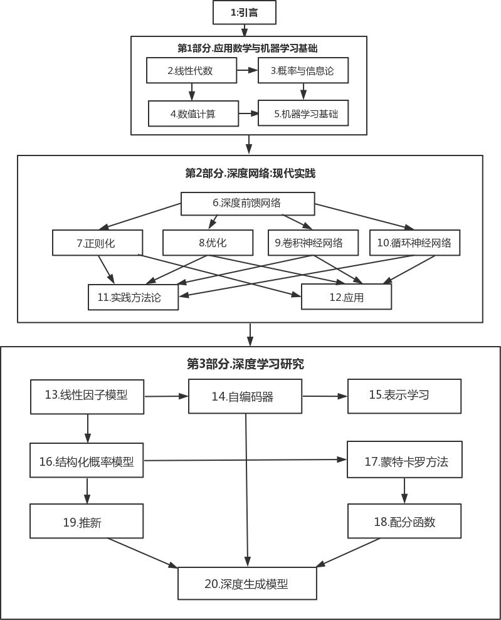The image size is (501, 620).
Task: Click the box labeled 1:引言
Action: point(245,13)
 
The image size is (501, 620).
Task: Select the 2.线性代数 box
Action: point(191,70)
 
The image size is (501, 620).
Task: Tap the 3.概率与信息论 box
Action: point(303,70)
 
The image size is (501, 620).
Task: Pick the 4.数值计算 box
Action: point(193,113)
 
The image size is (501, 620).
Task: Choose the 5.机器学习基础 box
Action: point(303,113)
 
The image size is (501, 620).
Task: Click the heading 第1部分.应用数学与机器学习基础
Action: point(248,48)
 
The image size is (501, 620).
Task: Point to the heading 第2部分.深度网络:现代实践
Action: point(250,173)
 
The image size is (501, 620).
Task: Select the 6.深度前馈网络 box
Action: point(248,204)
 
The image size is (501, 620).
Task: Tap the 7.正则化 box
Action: point(97,243)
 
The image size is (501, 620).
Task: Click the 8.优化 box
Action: point(208,243)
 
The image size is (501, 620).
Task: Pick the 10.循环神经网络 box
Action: point(415,243)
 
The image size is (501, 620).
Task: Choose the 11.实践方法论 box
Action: point(134,297)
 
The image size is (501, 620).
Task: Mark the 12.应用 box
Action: point(346,297)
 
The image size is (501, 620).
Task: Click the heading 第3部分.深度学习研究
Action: point(245,364)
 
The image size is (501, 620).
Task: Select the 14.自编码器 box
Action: point(245,396)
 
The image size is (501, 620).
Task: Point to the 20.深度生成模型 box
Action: point(247,583)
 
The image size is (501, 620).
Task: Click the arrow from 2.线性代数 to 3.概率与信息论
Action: point(247,70)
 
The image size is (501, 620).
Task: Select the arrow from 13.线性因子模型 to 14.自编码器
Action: point(166,396)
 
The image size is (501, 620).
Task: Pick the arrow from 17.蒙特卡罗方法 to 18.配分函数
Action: point(404,491)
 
